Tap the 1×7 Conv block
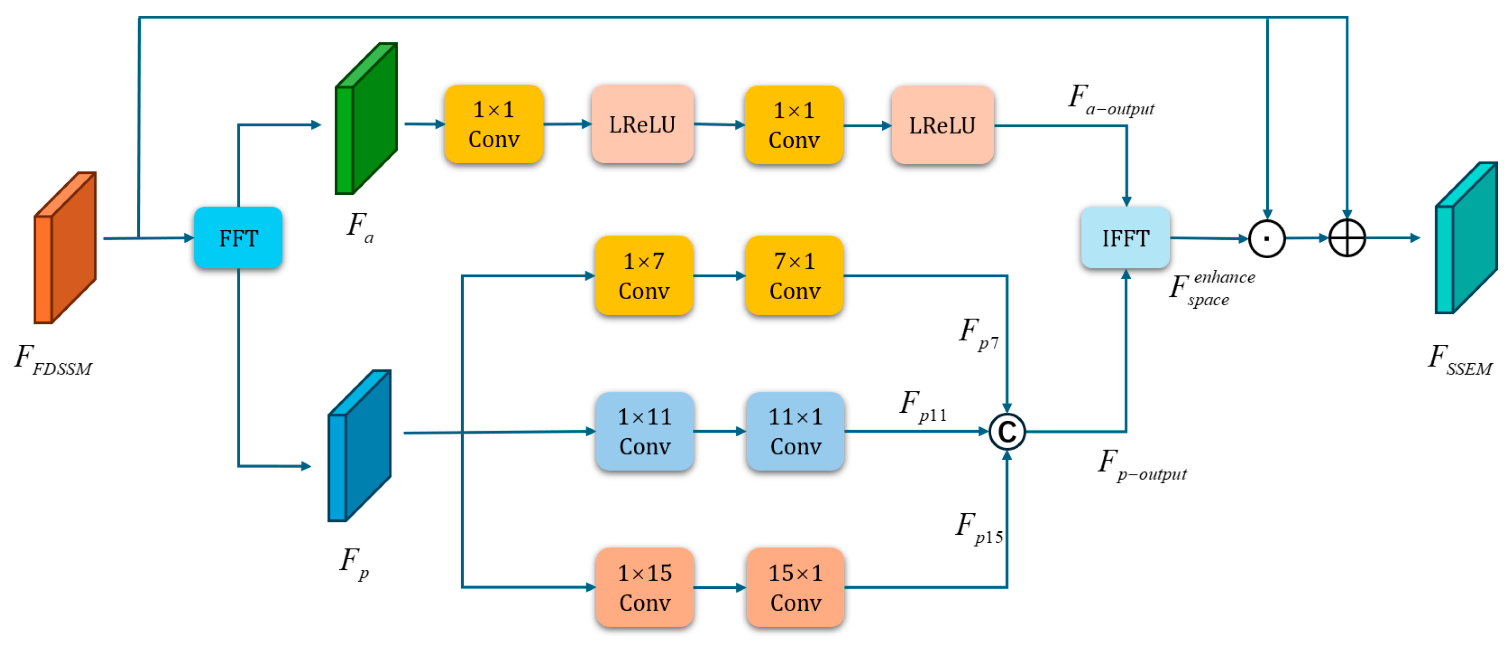pos(644,276)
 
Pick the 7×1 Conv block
pos(794,276)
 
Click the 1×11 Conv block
pos(645,432)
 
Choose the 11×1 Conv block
pos(795,432)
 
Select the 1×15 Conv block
pos(645,588)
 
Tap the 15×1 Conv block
pos(795,588)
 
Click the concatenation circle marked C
pos(1007,432)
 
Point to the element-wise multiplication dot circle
pos(1267,239)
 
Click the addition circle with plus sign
pos(1347,238)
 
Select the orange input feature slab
pos(65,247)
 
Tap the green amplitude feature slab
pos(366,118)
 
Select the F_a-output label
pos(1111,99)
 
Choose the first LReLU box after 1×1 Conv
pos(642,124)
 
